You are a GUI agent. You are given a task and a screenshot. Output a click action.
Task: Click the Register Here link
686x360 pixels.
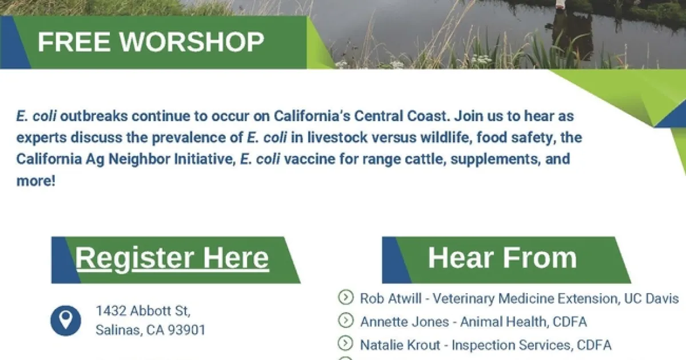pyautogui.click(x=172, y=258)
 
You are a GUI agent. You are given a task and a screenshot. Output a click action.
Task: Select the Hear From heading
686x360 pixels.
pyautogui.click(x=502, y=258)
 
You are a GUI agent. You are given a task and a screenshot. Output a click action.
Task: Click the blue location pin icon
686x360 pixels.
pyautogui.click(x=66, y=321)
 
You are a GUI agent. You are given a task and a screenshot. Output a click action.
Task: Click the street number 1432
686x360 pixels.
pyautogui.click(x=111, y=311)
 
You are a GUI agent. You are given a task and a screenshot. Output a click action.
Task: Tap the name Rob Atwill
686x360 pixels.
pyautogui.click(x=390, y=298)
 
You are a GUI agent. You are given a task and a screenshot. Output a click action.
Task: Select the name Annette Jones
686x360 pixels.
pyautogui.click(x=405, y=322)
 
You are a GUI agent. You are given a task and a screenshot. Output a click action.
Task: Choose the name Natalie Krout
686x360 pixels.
pyautogui.click(x=400, y=345)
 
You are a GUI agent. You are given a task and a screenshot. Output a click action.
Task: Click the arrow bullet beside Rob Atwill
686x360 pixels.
pyautogui.click(x=346, y=297)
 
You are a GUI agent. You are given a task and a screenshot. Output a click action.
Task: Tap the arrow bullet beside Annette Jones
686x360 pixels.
pyautogui.click(x=346, y=320)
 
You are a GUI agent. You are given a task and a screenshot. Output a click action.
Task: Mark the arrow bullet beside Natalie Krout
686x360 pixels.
pyautogui.click(x=346, y=343)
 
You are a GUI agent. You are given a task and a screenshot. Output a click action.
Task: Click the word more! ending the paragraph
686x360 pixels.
pyautogui.click(x=36, y=181)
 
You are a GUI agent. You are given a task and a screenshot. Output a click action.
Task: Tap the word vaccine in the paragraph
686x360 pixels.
pyautogui.click(x=310, y=159)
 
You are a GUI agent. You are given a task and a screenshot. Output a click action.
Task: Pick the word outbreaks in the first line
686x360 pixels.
pyautogui.click(x=94, y=116)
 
